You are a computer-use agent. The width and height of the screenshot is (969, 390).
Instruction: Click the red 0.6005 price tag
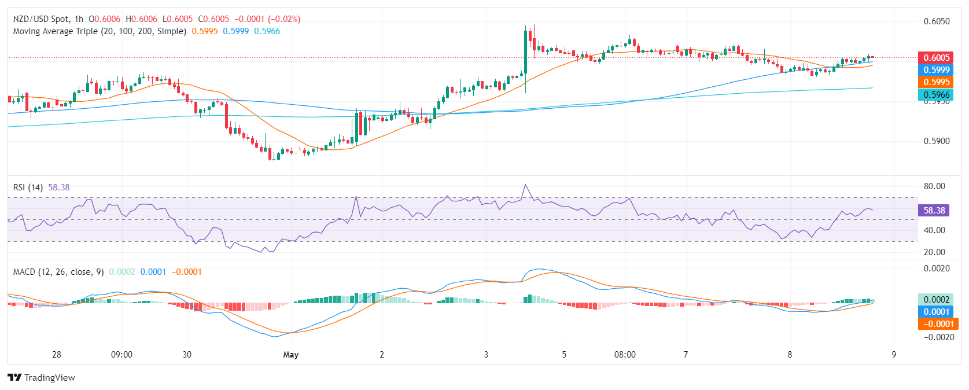point(936,57)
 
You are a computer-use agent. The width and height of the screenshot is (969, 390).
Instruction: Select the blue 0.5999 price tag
point(936,69)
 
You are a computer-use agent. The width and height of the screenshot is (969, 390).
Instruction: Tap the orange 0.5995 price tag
point(936,82)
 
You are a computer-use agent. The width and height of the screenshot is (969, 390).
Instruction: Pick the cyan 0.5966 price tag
point(936,94)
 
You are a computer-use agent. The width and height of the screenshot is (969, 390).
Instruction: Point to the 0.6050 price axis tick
point(937,21)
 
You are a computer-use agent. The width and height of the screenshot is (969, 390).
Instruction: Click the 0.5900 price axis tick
point(937,141)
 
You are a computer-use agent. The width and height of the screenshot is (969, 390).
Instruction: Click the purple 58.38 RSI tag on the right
point(934,211)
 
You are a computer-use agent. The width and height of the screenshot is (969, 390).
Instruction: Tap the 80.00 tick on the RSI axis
point(934,186)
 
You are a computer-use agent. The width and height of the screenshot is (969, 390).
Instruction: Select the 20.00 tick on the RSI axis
point(934,252)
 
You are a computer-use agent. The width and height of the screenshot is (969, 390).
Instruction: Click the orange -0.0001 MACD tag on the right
point(937,324)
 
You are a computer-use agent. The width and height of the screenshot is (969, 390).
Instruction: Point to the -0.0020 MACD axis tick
point(935,337)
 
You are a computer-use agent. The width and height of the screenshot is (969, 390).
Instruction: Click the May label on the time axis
point(291,355)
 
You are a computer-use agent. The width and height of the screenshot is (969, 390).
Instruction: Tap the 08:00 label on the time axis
point(625,355)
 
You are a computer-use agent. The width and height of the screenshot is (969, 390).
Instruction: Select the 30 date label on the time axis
point(187,355)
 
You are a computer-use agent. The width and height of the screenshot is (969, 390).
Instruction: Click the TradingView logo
point(42,378)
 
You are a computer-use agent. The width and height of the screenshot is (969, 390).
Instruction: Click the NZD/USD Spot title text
point(40,19)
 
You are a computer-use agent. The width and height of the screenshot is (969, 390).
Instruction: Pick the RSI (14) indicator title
point(28,187)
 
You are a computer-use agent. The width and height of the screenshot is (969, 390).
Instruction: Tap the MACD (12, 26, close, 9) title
point(58,272)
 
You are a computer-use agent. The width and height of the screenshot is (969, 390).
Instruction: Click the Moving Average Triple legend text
point(100,31)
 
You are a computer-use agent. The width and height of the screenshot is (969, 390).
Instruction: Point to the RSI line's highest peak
point(525,185)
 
